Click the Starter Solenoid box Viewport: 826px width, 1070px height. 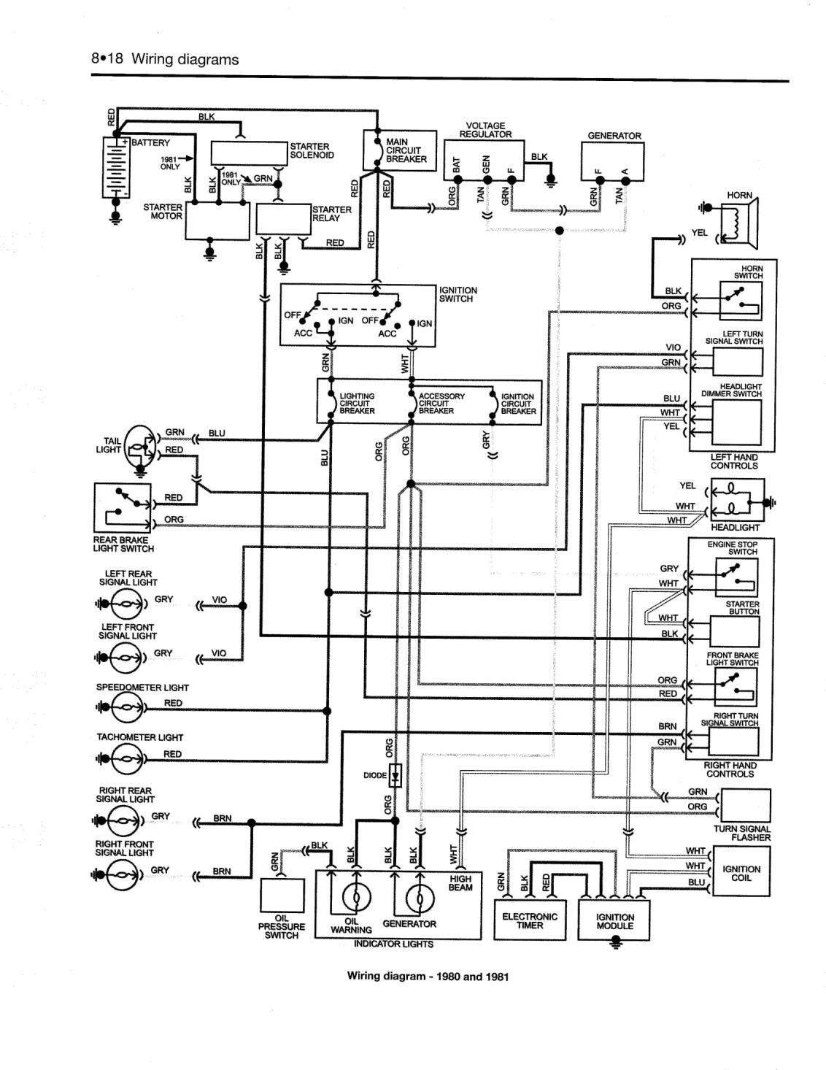coord(249,153)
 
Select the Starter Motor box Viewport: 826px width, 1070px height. coord(217,220)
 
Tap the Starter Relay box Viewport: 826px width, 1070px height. coord(284,219)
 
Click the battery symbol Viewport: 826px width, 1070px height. coord(116,167)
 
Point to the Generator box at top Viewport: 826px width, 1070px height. coord(612,161)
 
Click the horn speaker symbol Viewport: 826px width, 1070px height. coord(739,223)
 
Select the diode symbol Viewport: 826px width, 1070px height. coord(395,777)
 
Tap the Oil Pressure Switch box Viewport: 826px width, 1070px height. coord(282,896)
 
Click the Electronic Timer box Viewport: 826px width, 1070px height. coord(530,920)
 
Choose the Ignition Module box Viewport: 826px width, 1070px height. coord(614,920)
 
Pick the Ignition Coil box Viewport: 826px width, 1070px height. coord(741,871)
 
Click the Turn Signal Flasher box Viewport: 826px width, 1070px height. coord(745,805)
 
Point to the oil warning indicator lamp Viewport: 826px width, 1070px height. coord(357,899)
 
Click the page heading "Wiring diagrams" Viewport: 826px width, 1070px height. coord(185,60)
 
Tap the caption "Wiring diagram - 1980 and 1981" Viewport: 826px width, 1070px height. coord(428,976)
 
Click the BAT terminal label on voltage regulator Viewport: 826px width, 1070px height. coord(456,165)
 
